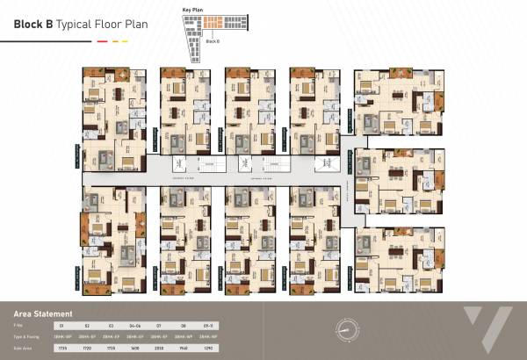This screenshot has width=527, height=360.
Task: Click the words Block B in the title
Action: [x=33, y=25]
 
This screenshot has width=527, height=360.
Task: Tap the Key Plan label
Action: [x=191, y=8]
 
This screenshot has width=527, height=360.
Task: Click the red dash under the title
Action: [x=102, y=40]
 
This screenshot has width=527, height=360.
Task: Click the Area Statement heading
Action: [x=43, y=313]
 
